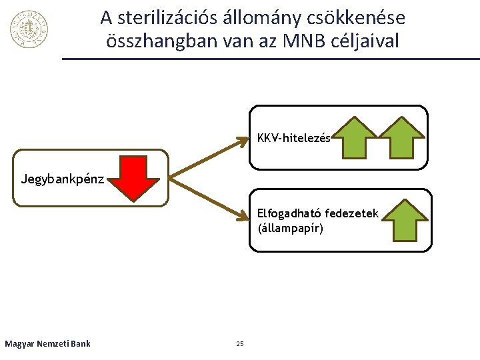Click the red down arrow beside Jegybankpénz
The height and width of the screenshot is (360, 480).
tap(135, 178)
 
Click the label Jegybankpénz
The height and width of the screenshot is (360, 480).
tap(63, 179)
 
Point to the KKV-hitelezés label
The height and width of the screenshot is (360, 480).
tap(293, 139)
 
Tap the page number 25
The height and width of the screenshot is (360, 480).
tap(240, 344)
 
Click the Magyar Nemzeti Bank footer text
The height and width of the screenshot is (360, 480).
tap(47, 344)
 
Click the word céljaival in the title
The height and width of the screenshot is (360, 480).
tap(370, 41)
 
